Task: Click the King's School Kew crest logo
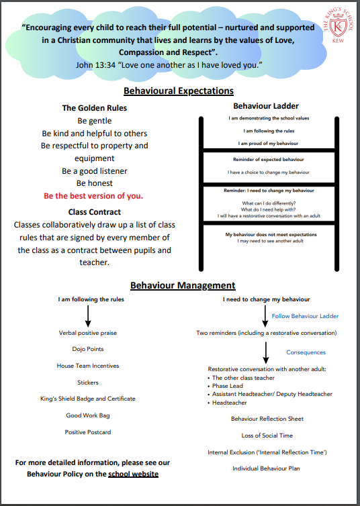[x=338, y=26]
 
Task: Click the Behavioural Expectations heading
[x=179, y=91]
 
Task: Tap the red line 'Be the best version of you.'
[x=93, y=196]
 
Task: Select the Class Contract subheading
[x=94, y=212]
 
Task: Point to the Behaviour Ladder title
[x=266, y=106]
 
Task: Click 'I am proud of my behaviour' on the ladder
[x=268, y=144]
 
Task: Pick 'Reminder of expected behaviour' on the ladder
[x=269, y=160]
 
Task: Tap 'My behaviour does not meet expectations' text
[x=271, y=235]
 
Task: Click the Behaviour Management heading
[x=183, y=285]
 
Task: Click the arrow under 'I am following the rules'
[x=88, y=316]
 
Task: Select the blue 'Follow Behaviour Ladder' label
[x=305, y=316]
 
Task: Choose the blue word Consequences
[x=306, y=352]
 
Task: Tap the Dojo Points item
[x=88, y=349]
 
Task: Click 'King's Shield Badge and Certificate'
[x=88, y=399]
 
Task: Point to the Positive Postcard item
[x=88, y=432]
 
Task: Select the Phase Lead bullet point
[x=225, y=386]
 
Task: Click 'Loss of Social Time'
[x=267, y=436]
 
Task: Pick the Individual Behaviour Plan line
[x=266, y=468]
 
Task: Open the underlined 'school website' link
[x=134, y=474]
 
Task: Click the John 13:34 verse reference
[x=95, y=65]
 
